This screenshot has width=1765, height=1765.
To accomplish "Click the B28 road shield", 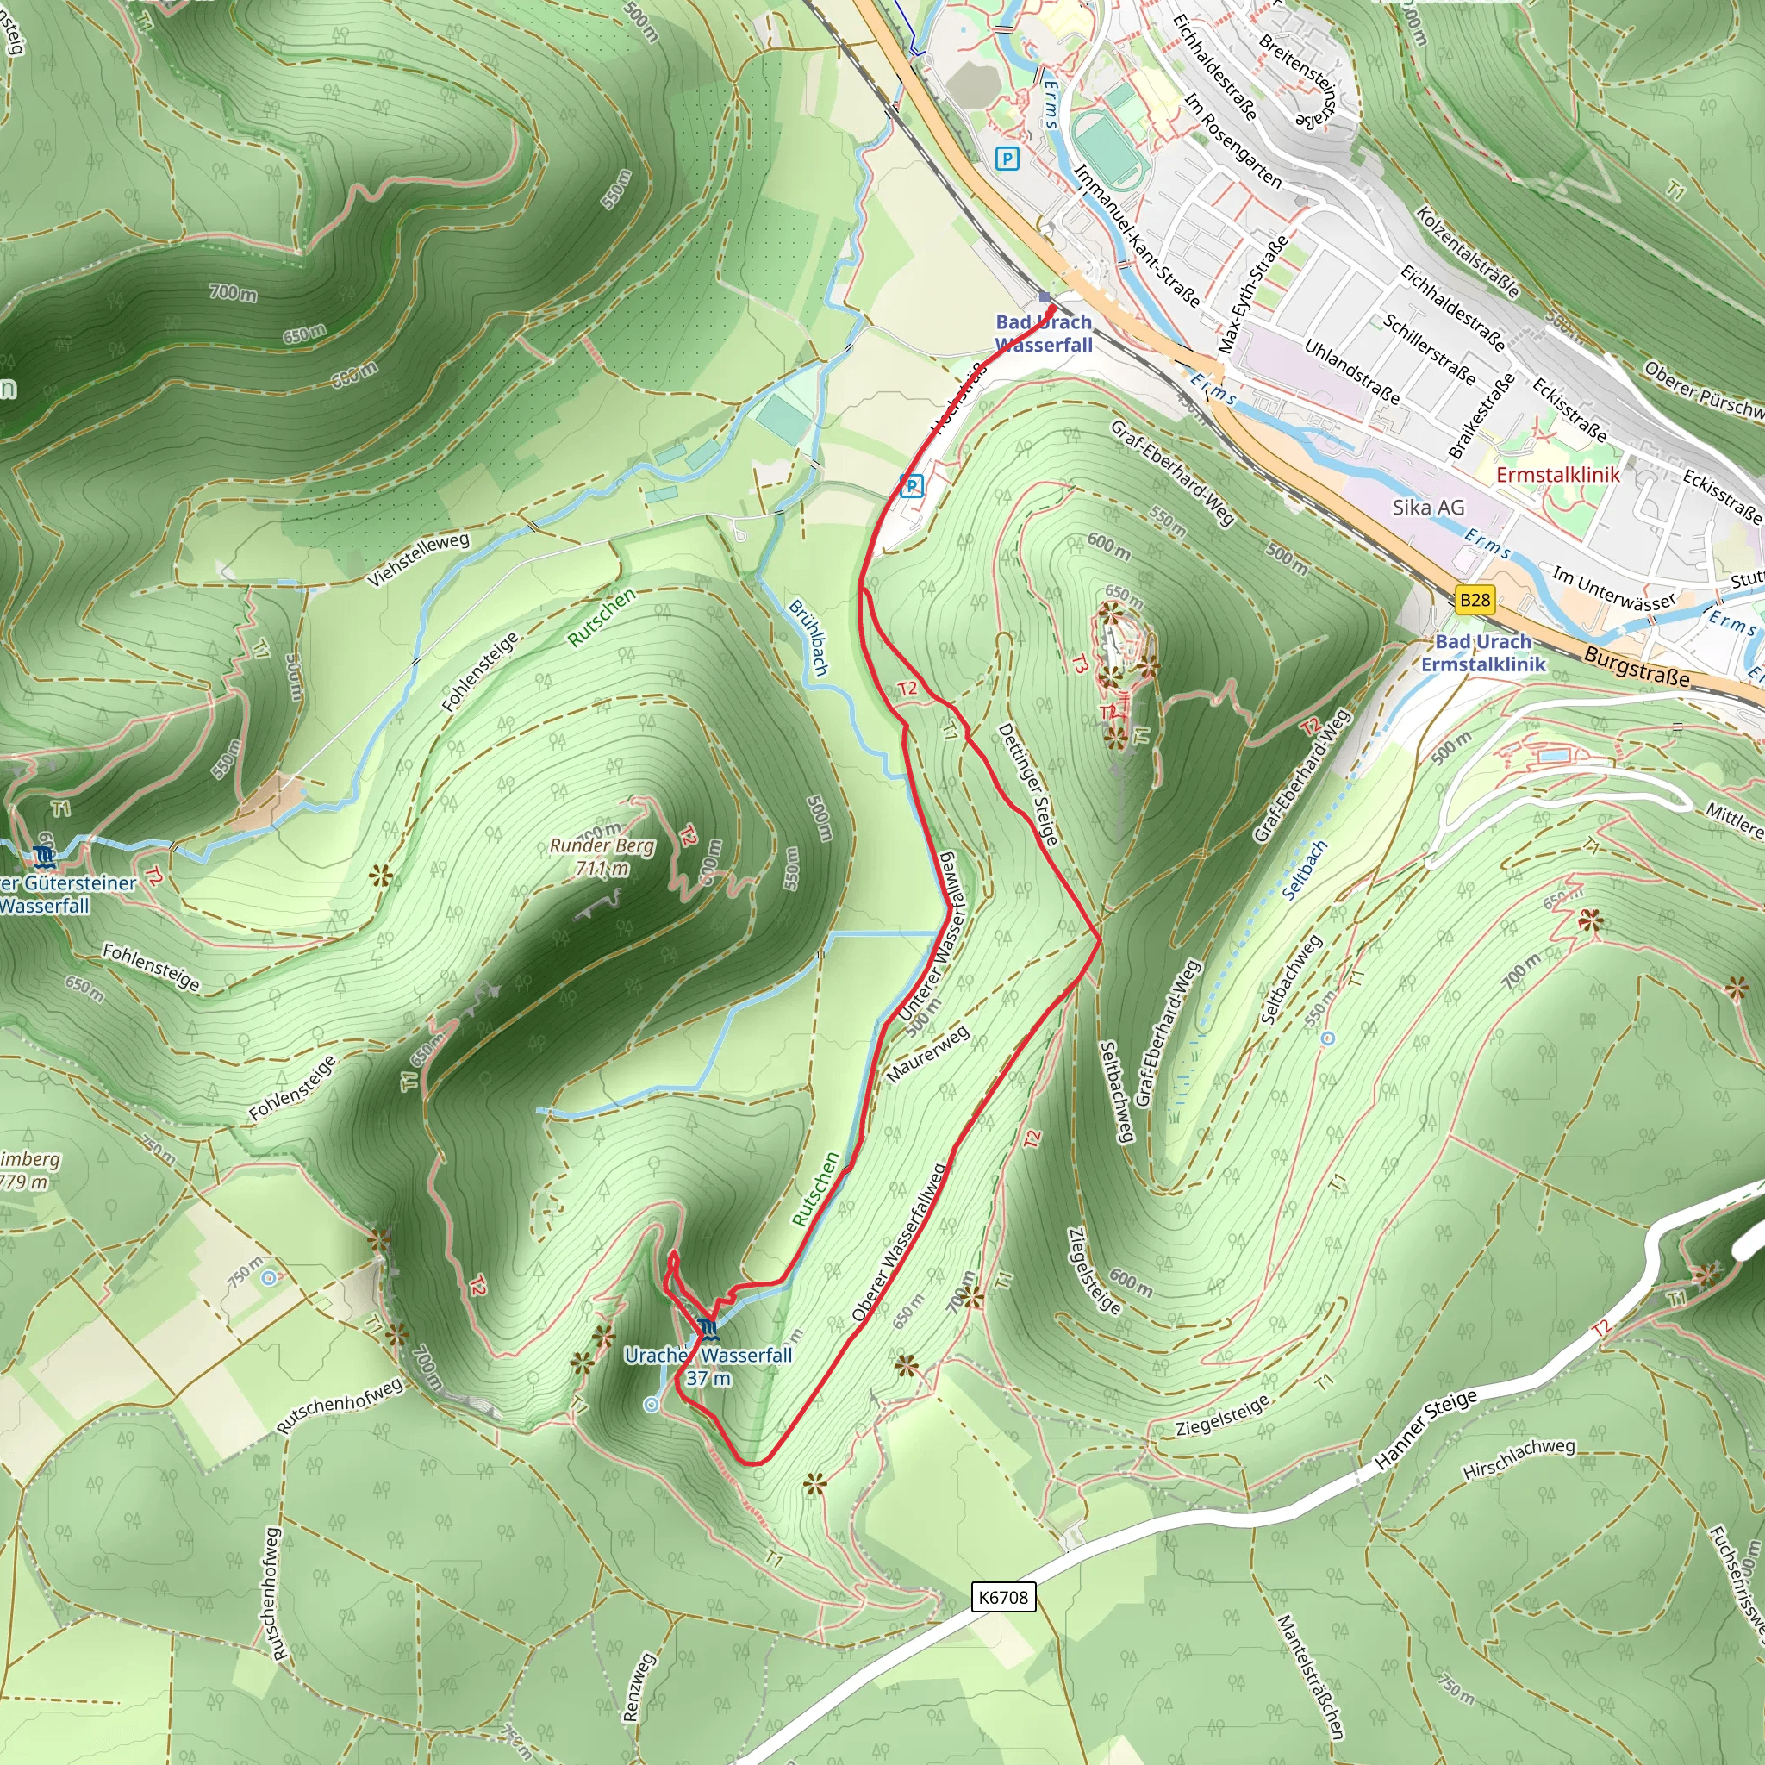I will pyautogui.click(x=1475, y=600).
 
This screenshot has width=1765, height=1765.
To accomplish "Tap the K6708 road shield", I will pyautogui.click(x=1002, y=1597).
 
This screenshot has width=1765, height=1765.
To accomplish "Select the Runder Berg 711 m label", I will pyautogui.click(x=602, y=857).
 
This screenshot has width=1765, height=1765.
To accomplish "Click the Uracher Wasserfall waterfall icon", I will pyautogui.click(x=707, y=1328).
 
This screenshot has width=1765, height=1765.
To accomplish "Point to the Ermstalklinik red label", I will pyautogui.click(x=1557, y=474).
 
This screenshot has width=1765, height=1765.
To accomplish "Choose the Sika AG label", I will pyautogui.click(x=1428, y=507).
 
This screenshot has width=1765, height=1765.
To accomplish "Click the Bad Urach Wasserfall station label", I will pyautogui.click(x=1044, y=334).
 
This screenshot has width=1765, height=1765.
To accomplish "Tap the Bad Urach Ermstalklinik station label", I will pyautogui.click(x=1482, y=653).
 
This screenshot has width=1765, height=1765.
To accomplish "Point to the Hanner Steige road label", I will pyautogui.click(x=1426, y=1429).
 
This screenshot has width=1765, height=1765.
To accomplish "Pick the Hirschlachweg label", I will pyautogui.click(x=1519, y=1459).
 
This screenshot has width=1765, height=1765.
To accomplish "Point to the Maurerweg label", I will pyautogui.click(x=927, y=1054).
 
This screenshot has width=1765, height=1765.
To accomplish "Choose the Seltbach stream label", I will pyautogui.click(x=1304, y=870).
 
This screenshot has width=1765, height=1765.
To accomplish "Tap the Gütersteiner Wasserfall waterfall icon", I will pyautogui.click(x=44, y=856).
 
